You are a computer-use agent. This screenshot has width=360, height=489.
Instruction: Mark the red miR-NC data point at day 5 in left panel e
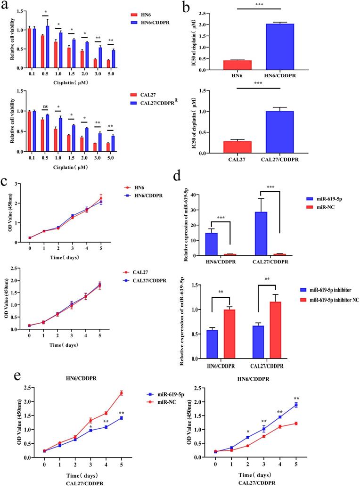pos(121,393)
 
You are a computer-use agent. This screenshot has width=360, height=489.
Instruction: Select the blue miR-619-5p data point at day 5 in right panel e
pos(296,405)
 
